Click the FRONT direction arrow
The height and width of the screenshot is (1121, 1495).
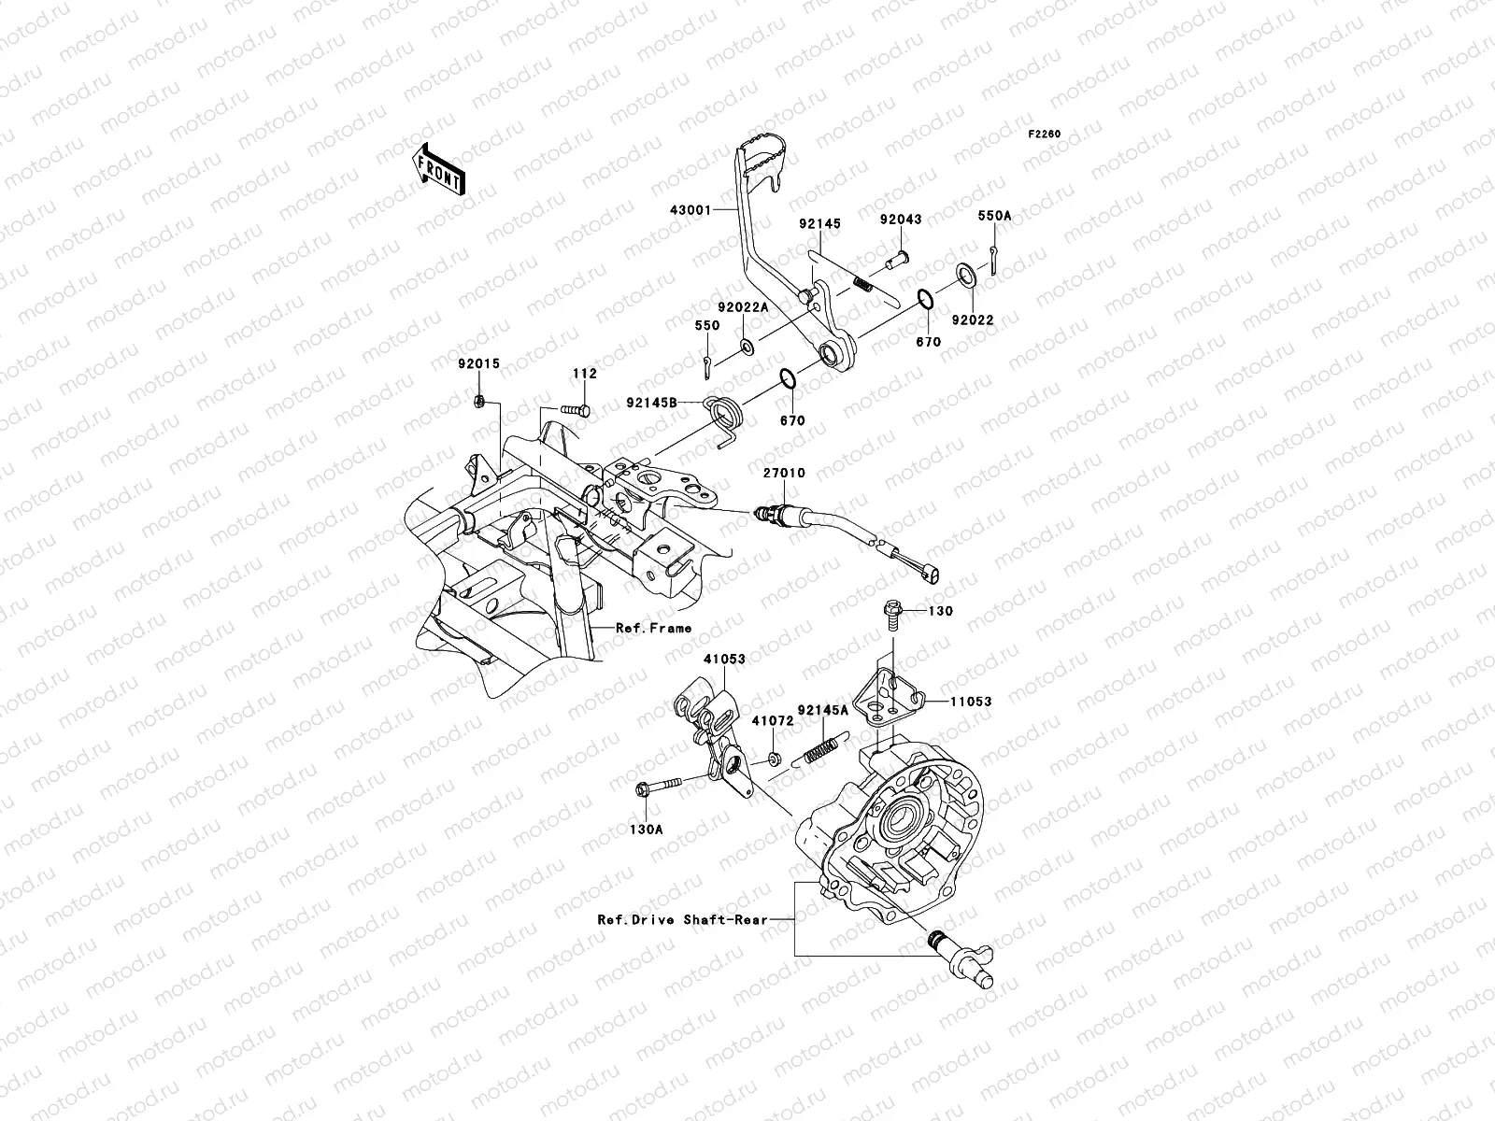point(438,170)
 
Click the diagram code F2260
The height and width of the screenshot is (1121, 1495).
point(1044,135)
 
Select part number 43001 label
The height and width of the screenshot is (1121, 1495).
point(690,210)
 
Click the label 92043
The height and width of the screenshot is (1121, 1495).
point(901,220)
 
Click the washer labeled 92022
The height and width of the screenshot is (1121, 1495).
point(965,275)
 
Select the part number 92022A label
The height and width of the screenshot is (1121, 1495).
point(743,307)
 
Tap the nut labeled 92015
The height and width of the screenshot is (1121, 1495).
point(478,402)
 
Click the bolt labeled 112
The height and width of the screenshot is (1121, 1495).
point(576,410)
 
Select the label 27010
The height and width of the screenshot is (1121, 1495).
point(784,473)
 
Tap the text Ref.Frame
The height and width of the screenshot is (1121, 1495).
point(653,628)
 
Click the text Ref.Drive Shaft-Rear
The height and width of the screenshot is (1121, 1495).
point(682,919)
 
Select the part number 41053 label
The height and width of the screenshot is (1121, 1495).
point(724,659)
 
